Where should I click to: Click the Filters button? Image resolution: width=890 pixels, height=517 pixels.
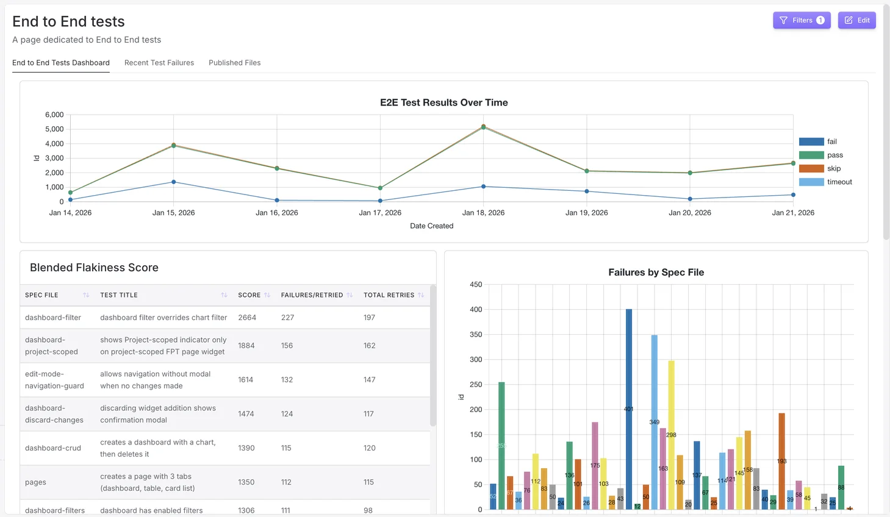coord(801,20)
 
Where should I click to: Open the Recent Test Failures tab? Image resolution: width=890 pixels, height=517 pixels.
coord(159,63)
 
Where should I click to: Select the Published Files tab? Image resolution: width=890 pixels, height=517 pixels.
coord(234,63)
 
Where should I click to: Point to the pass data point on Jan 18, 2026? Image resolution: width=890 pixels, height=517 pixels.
coord(483,127)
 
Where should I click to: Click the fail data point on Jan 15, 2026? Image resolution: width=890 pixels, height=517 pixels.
coord(174,182)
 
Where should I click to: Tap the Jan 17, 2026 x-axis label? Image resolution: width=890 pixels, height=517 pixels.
coord(380,213)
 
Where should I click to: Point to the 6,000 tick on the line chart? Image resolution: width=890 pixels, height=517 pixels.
coord(54,115)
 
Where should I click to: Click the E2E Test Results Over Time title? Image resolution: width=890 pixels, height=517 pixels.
coord(443,102)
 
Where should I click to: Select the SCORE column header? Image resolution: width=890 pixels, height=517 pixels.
coord(249,295)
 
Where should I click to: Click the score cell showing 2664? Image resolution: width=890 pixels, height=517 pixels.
coord(247,318)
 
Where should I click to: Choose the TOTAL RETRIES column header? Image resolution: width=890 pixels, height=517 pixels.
coord(389,295)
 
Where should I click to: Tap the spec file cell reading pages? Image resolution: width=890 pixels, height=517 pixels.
coord(35,482)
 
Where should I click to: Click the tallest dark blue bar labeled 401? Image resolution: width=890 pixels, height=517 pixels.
coord(629,408)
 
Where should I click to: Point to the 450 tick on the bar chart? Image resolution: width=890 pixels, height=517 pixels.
coord(476,285)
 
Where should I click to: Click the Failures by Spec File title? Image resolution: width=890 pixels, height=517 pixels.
coord(656,273)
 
